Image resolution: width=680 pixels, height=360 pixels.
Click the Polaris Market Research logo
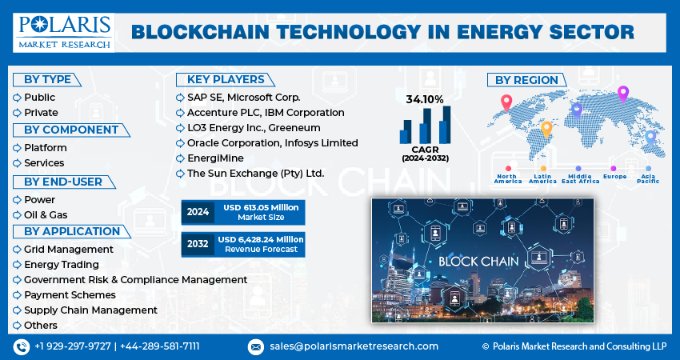pyautogui.click(x=64, y=33)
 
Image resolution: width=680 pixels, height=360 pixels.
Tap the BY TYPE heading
pyautogui.click(x=47, y=80)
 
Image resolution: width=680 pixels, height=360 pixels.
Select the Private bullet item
pyautogui.click(x=41, y=113)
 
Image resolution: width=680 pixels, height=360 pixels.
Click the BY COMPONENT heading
pyautogui.click(x=71, y=130)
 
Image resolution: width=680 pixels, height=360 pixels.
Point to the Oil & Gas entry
pyautogui.click(x=46, y=214)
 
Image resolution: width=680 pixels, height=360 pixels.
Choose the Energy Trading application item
pyautogui.click(x=62, y=265)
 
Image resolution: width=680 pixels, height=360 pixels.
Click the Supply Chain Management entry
pyautogui.click(x=90, y=310)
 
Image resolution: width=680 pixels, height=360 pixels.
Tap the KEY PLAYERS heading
pyautogui.click(x=226, y=80)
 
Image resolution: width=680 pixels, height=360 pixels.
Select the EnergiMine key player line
pyautogui.click(x=215, y=158)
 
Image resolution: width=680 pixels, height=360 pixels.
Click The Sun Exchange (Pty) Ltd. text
pyautogui.click(x=255, y=174)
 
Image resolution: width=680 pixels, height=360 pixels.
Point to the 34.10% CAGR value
pyautogui.click(x=425, y=100)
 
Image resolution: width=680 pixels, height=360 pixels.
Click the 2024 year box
pyautogui.click(x=198, y=212)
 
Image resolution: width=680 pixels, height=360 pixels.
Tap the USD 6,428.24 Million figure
pyautogui.click(x=261, y=239)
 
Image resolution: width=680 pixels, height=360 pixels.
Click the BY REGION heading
pyautogui.click(x=526, y=80)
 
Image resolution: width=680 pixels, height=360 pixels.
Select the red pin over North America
pyautogui.click(x=506, y=102)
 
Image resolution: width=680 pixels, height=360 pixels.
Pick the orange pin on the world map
pyautogui.click(x=546, y=130)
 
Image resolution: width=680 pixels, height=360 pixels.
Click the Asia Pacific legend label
pyautogui.click(x=648, y=178)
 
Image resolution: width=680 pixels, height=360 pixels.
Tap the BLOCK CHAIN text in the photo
pyautogui.click(x=478, y=261)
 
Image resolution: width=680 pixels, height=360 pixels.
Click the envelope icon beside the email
pyautogui.click(x=255, y=347)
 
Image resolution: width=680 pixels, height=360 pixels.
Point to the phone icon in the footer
pyautogui.click(x=22, y=347)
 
